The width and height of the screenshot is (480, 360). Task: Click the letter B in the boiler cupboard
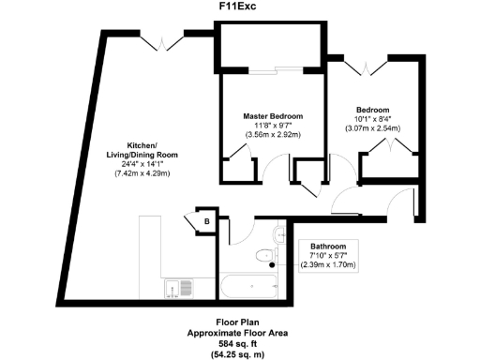pos(207,221)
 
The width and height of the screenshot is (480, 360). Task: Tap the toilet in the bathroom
pos(266,255)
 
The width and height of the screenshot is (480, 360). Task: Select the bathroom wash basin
pos(279,232)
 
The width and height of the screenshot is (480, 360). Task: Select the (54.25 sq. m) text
pos(240,353)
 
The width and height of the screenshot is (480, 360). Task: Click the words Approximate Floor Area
pos(240,333)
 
